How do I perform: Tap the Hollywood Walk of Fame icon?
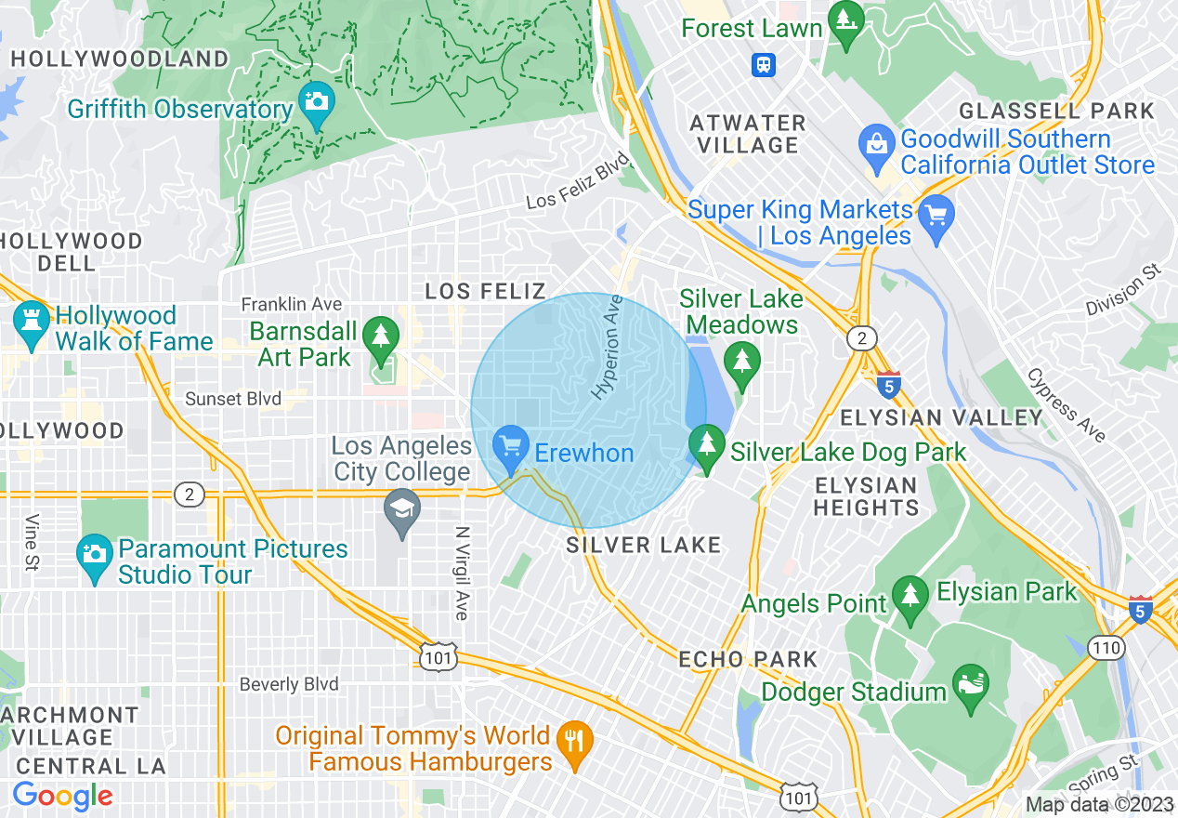(31, 323)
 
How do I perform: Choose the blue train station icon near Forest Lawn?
(764, 64)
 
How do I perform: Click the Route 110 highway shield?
(1108, 648)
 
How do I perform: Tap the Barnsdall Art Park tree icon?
(380, 336)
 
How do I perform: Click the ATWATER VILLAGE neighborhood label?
(748, 134)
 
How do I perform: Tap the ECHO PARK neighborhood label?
(748, 659)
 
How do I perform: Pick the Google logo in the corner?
(62, 796)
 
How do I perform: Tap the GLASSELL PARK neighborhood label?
(1056, 111)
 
